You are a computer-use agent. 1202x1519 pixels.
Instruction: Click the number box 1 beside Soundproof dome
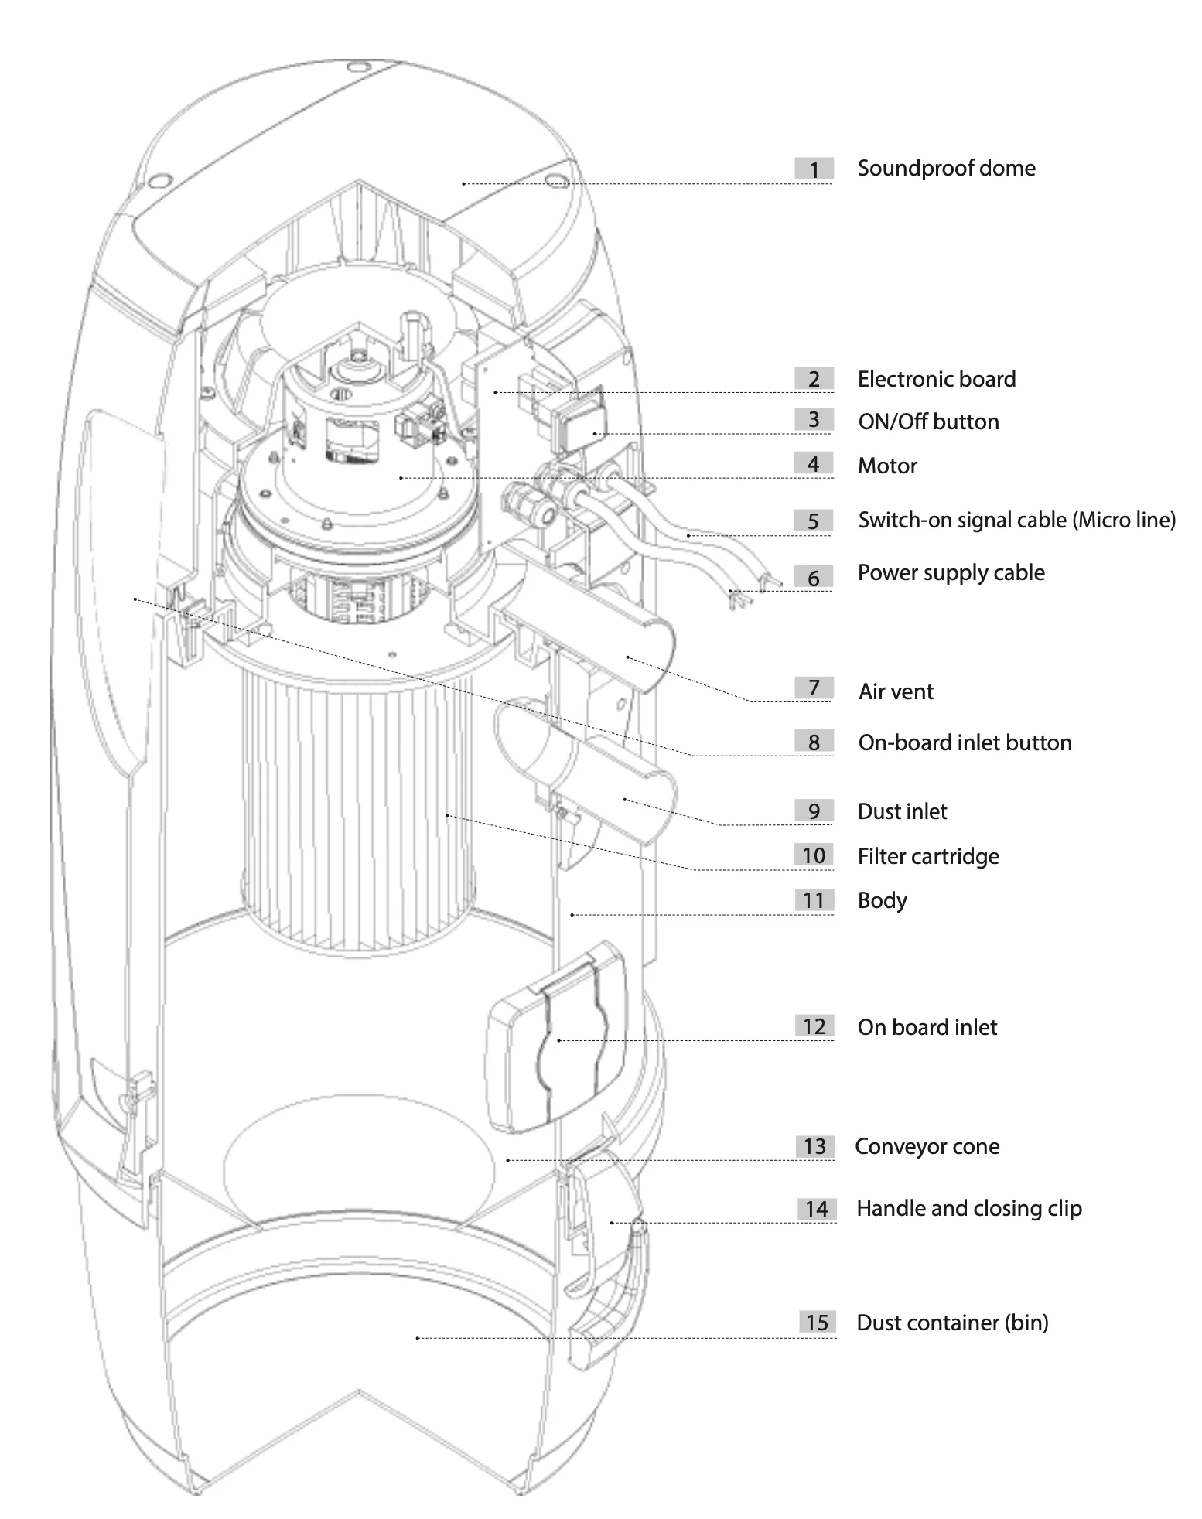(813, 169)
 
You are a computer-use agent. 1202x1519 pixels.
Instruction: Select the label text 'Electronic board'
(936, 379)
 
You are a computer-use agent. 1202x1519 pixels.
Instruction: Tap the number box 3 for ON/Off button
(813, 420)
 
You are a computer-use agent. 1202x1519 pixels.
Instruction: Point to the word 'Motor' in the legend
(887, 466)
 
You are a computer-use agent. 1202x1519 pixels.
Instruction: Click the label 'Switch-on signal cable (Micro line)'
(1016, 520)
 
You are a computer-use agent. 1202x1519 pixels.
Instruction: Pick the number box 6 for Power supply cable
(813, 578)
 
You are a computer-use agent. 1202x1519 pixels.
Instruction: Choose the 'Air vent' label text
(896, 691)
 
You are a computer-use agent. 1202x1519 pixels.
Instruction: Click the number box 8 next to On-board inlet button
(813, 742)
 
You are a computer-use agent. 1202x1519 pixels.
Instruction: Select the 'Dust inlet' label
(902, 811)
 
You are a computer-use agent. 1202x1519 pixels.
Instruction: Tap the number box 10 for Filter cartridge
(813, 855)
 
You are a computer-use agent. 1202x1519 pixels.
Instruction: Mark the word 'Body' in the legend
(882, 900)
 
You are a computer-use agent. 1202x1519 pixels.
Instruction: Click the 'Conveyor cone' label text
(927, 1146)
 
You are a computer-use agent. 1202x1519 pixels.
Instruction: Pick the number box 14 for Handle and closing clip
(816, 1209)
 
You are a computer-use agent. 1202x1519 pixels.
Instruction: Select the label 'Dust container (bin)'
(952, 1323)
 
